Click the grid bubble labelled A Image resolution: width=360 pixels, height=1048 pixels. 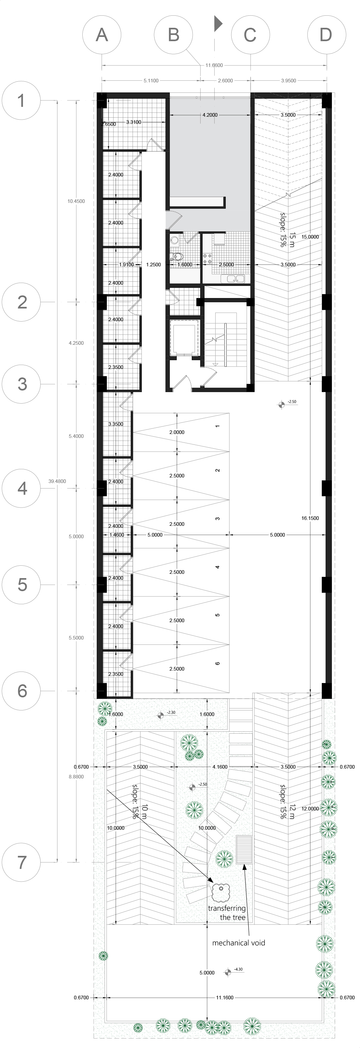click(x=102, y=35)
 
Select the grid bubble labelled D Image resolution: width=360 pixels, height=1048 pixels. click(x=327, y=35)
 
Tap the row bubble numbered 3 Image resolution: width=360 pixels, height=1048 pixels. click(x=22, y=384)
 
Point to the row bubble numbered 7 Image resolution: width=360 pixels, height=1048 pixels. click(x=22, y=862)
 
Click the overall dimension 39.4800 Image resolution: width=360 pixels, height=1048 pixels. click(x=57, y=481)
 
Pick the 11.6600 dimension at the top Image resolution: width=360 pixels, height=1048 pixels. click(x=214, y=65)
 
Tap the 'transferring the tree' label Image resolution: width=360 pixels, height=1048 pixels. click(x=227, y=912)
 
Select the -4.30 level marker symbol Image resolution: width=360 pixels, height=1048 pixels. click(x=228, y=972)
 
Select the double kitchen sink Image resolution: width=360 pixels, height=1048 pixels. click(x=233, y=279)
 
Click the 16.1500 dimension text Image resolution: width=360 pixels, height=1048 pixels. click(x=310, y=518)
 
